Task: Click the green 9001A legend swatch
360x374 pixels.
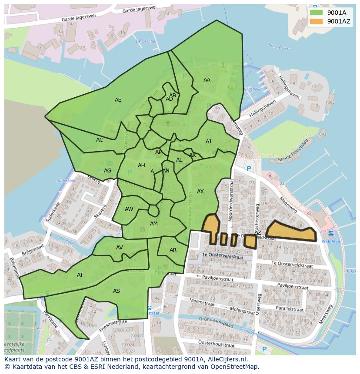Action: pyautogui.click(x=317, y=12)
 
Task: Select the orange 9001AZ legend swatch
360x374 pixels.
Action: pyautogui.click(x=317, y=21)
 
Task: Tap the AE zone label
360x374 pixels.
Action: pyautogui.click(x=118, y=100)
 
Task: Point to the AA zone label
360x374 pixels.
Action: pyautogui.click(x=207, y=80)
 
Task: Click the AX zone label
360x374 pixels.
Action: pyautogui.click(x=200, y=192)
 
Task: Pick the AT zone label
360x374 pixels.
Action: pyautogui.click(x=80, y=275)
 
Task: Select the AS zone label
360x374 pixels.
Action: pyautogui.click(x=116, y=291)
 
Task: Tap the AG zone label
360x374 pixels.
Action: pyautogui.click(x=107, y=171)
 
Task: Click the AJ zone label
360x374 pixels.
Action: pyautogui.click(x=208, y=142)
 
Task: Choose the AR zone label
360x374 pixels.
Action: pyautogui.click(x=173, y=250)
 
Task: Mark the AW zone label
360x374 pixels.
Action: pyautogui.click(x=129, y=209)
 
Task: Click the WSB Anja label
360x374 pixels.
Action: pyautogui.click(x=330, y=241)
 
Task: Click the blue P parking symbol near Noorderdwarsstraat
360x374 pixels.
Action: pyautogui.click(x=249, y=169)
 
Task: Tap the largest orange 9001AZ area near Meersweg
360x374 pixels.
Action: pyautogui.click(x=290, y=232)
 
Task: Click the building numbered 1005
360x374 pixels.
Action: pyautogui.click(x=330, y=103)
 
